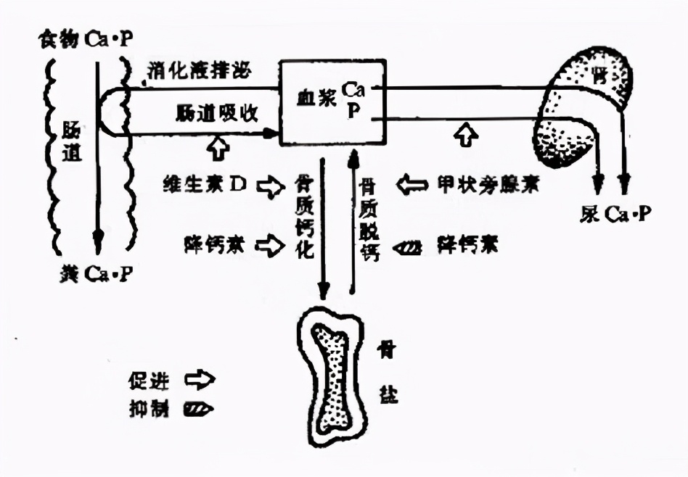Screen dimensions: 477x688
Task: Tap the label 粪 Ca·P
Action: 95,274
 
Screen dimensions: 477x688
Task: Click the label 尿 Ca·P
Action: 616,214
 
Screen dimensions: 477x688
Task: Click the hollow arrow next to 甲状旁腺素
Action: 412,186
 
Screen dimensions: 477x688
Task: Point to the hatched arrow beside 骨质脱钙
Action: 409,247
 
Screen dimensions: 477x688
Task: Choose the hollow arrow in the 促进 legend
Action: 200,379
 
